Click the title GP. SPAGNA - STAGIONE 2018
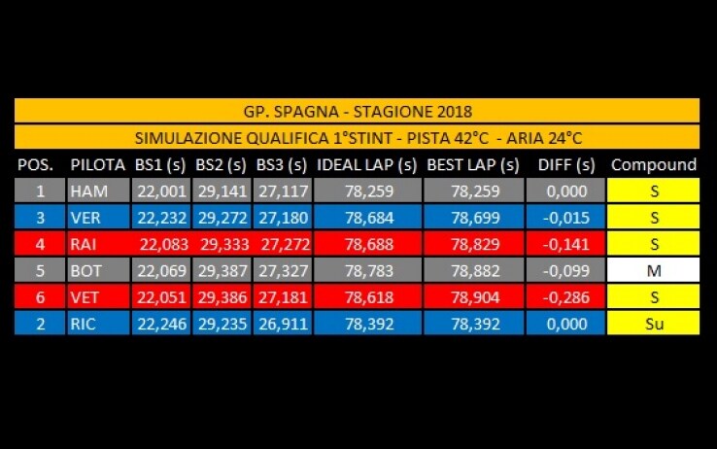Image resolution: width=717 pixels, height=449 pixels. point(358,112)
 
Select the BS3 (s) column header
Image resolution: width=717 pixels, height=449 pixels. point(281,165)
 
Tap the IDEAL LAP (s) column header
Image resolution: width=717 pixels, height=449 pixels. point(366,165)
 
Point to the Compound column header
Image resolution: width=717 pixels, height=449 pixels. point(654,164)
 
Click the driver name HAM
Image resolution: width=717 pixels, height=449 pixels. point(88,191)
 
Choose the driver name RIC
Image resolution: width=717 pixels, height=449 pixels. point(83,324)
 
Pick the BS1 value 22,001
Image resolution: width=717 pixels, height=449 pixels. point(162,191)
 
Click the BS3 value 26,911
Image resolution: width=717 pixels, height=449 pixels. point(283,324)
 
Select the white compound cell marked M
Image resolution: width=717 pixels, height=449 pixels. point(654,271)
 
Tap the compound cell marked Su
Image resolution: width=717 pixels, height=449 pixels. point(654,324)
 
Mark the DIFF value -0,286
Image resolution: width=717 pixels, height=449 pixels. point(566,297)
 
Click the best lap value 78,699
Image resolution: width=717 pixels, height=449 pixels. point(475,218)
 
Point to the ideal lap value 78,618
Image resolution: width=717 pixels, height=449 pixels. point(369,297)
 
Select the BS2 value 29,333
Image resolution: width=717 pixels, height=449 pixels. point(224,244)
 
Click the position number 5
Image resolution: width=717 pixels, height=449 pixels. point(40,271)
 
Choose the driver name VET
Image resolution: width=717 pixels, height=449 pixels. point(85,297)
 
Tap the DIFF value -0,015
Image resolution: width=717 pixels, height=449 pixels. point(566,218)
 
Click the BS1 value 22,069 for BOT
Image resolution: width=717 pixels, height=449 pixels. point(162,271)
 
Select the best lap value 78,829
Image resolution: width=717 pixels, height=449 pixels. point(475,244)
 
